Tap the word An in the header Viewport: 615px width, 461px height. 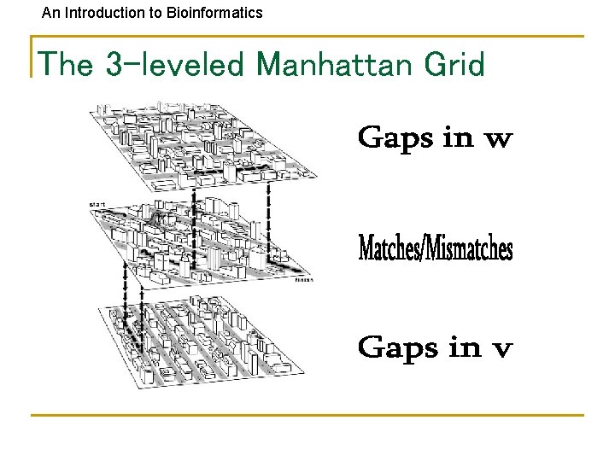pyautogui.click(x=51, y=13)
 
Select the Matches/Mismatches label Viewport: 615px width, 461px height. pyautogui.click(x=436, y=248)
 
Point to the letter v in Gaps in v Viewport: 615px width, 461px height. pyautogui.click(x=502, y=349)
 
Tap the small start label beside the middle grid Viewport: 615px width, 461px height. pyautogui.click(x=97, y=205)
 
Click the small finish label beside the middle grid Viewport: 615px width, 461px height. pyautogui.click(x=304, y=279)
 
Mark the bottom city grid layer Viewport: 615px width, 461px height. pyautogui.click(x=201, y=341)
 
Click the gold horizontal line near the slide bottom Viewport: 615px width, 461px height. pyautogui.click(x=307, y=415)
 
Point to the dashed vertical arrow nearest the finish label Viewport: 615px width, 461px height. pyautogui.click(x=271, y=218)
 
